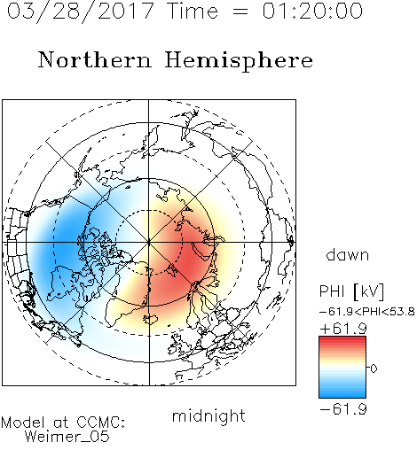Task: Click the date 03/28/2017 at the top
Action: pyautogui.click(x=80, y=12)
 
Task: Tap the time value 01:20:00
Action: pyautogui.click(x=312, y=11)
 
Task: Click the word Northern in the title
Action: pyautogui.click(x=95, y=59)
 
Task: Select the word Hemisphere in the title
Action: pyautogui.click(x=239, y=61)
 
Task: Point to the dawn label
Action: pyautogui.click(x=348, y=255)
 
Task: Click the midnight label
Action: pyautogui.click(x=208, y=416)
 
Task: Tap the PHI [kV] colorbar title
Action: pyautogui.click(x=351, y=291)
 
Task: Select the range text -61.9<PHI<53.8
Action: pyautogui.click(x=367, y=312)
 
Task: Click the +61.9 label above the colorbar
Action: pyautogui.click(x=343, y=329)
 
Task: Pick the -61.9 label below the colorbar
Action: pyautogui.click(x=343, y=409)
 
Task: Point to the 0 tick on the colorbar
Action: pyautogui.click(x=374, y=369)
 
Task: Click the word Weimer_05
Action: pyautogui.click(x=67, y=437)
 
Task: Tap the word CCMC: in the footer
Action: pyautogui.click(x=100, y=423)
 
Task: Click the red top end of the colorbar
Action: pyautogui.click(x=342, y=338)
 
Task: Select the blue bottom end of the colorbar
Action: pyautogui.click(x=342, y=396)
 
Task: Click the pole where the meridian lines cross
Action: pyautogui.click(x=149, y=243)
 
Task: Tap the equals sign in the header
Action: pyautogui.click(x=240, y=12)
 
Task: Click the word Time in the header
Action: pyautogui.click(x=193, y=11)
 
